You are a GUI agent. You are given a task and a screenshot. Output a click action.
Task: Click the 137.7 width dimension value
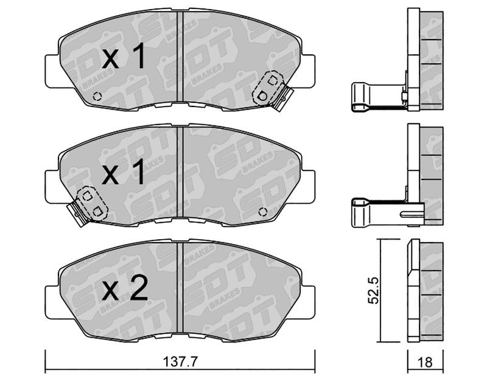coord(180,361)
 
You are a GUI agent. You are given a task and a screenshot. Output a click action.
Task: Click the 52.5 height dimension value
coord(374,291)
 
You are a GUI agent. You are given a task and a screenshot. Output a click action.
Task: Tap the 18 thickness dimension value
coord(425,362)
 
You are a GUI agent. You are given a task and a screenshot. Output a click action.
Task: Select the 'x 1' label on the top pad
coord(124,56)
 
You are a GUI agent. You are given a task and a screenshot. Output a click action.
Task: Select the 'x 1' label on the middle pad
coord(124,172)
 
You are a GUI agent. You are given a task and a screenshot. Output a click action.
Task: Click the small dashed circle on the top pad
coord(97,97)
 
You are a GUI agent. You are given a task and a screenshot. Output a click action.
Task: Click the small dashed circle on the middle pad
coord(263,212)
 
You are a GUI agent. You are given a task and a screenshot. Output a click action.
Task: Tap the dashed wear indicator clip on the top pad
coord(267,88)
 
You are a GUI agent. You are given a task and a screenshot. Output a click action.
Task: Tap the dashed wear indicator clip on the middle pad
coord(93,203)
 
